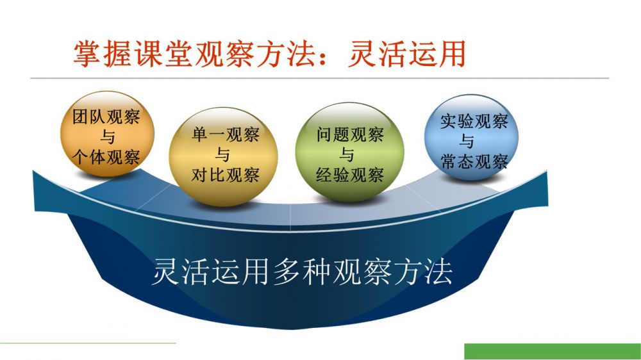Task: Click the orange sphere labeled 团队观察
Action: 107,134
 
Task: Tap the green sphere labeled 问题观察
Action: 349,152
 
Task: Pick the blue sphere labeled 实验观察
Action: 471,137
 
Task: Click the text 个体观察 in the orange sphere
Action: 106,157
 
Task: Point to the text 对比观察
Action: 225,175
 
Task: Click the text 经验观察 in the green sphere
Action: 349,175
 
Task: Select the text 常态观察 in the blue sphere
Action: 474,161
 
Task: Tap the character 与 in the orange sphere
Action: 107,136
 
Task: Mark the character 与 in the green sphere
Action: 347,154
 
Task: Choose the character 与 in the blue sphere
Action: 467,141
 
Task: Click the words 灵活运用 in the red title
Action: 407,54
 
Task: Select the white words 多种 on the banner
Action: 302,272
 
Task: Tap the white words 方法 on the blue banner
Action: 423,272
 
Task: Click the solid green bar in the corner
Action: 553,352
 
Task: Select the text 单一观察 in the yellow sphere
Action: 225,135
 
